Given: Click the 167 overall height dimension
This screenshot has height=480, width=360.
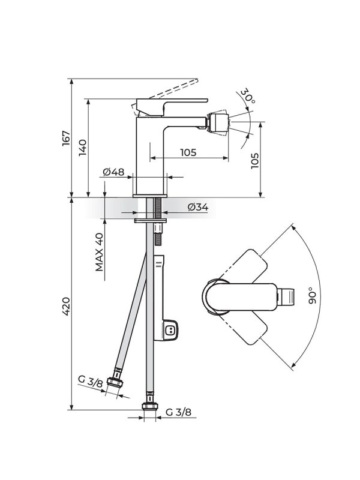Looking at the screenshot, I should tap(66, 137).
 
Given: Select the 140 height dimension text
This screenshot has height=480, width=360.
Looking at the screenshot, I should tap(83, 148).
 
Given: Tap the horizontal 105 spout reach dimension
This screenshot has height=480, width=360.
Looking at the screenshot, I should tap(188, 152).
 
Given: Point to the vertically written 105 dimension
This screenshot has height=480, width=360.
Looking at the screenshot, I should tap(254, 160).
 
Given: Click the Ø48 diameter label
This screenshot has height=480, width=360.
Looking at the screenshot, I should tap(113, 172).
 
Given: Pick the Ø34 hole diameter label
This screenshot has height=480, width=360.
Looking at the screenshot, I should tap(197, 207).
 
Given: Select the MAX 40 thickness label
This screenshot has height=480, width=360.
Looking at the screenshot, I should tap(100, 251).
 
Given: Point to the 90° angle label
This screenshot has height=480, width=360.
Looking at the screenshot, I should tap(312, 296).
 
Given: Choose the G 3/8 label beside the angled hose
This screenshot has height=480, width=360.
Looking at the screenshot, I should tap(89, 381).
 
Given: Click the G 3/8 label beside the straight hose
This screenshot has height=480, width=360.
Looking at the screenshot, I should tap(178, 412).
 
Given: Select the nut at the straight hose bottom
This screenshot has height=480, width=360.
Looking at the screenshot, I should tap(149, 407).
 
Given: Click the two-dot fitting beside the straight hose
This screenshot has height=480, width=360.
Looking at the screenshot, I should tap(171, 329).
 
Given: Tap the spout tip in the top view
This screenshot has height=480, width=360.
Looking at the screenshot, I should tap(288, 296).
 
